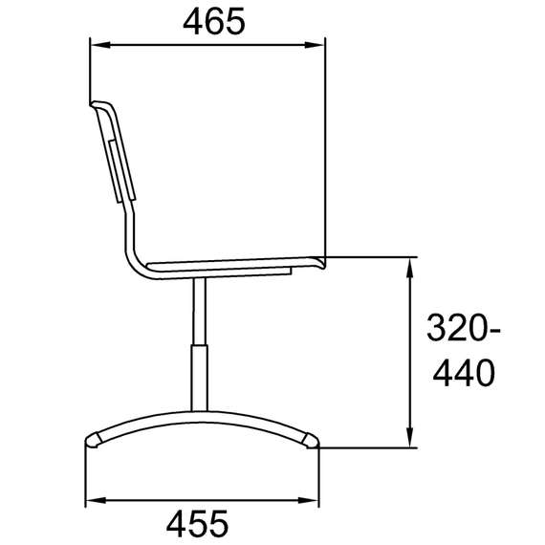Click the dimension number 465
click(x=214, y=21)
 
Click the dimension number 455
click(x=197, y=523)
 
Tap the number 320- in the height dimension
click(x=464, y=327)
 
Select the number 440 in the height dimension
click(x=464, y=373)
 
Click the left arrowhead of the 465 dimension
click(x=100, y=45)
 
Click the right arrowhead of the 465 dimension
click(x=315, y=45)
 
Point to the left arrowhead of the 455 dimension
click(x=96, y=500)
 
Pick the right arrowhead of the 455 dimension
click(x=309, y=500)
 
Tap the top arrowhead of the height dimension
click(x=410, y=268)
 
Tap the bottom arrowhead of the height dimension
click(x=410, y=438)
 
